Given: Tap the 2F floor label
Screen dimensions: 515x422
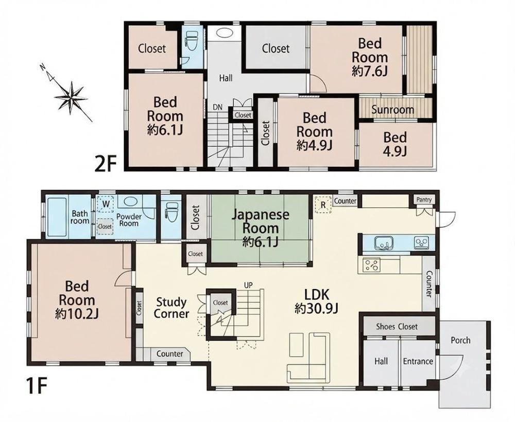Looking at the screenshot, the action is [x=106, y=164].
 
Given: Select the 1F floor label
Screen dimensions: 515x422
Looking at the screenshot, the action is [x=37, y=385].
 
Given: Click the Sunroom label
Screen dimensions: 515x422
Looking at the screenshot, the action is [x=392, y=109].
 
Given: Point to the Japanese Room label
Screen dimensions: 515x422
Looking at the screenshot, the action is [x=261, y=222].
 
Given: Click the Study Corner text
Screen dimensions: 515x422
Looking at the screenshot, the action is [x=171, y=308].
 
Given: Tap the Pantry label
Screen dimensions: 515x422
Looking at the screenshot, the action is [x=424, y=199].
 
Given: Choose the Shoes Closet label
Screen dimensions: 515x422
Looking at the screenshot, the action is [x=397, y=327].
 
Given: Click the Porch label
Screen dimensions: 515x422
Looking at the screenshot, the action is [x=460, y=340].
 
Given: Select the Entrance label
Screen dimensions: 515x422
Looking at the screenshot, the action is [x=418, y=361].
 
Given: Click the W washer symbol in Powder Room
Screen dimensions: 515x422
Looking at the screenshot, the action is [x=106, y=204].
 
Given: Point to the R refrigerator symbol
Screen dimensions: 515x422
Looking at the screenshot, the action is [x=323, y=205].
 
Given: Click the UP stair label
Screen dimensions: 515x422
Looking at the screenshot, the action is [x=248, y=285].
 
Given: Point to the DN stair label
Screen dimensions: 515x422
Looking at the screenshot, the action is [x=217, y=107].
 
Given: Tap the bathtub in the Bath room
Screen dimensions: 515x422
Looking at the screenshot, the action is [x=57, y=216].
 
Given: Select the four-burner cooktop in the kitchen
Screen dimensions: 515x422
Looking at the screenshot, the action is [x=371, y=265].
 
